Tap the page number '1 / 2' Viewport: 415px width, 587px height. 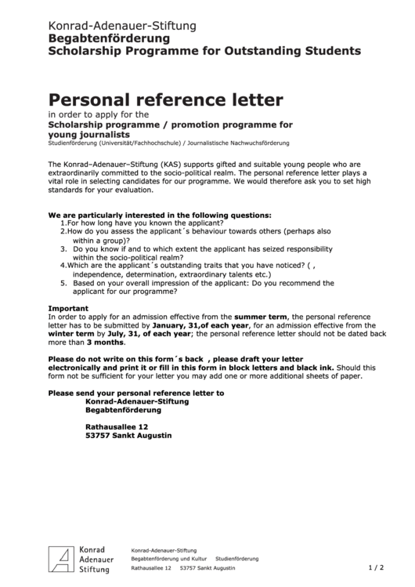tap(376, 567)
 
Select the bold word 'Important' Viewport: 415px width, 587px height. tap(69, 308)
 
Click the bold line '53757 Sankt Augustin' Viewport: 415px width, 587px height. tap(128, 435)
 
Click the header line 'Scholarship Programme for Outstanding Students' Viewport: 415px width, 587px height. tap(204, 51)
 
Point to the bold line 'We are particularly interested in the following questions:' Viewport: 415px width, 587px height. tap(160, 214)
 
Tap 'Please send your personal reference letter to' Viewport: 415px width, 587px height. tap(136, 393)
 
